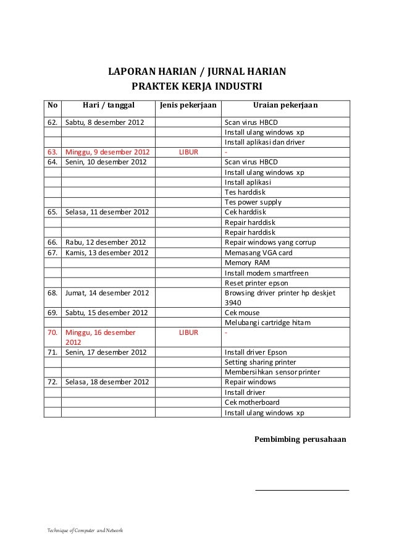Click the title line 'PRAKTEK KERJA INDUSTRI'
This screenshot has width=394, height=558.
click(196, 85)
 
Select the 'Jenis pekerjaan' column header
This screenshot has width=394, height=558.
click(188, 106)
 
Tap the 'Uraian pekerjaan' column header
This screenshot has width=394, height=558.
click(285, 106)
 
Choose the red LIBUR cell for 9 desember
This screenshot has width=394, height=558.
click(188, 152)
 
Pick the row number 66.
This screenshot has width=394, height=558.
click(52, 243)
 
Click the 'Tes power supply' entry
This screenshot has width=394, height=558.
click(253, 203)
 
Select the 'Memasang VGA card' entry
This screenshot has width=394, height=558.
click(259, 253)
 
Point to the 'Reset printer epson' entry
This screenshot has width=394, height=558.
click(256, 283)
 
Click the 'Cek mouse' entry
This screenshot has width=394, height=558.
click(242, 313)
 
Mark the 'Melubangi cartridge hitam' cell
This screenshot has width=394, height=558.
click(267, 323)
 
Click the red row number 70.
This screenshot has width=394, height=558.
click(52, 332)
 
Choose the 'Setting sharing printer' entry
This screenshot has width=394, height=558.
click(260, 362)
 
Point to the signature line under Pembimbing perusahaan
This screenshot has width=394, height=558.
click(302, 491)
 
